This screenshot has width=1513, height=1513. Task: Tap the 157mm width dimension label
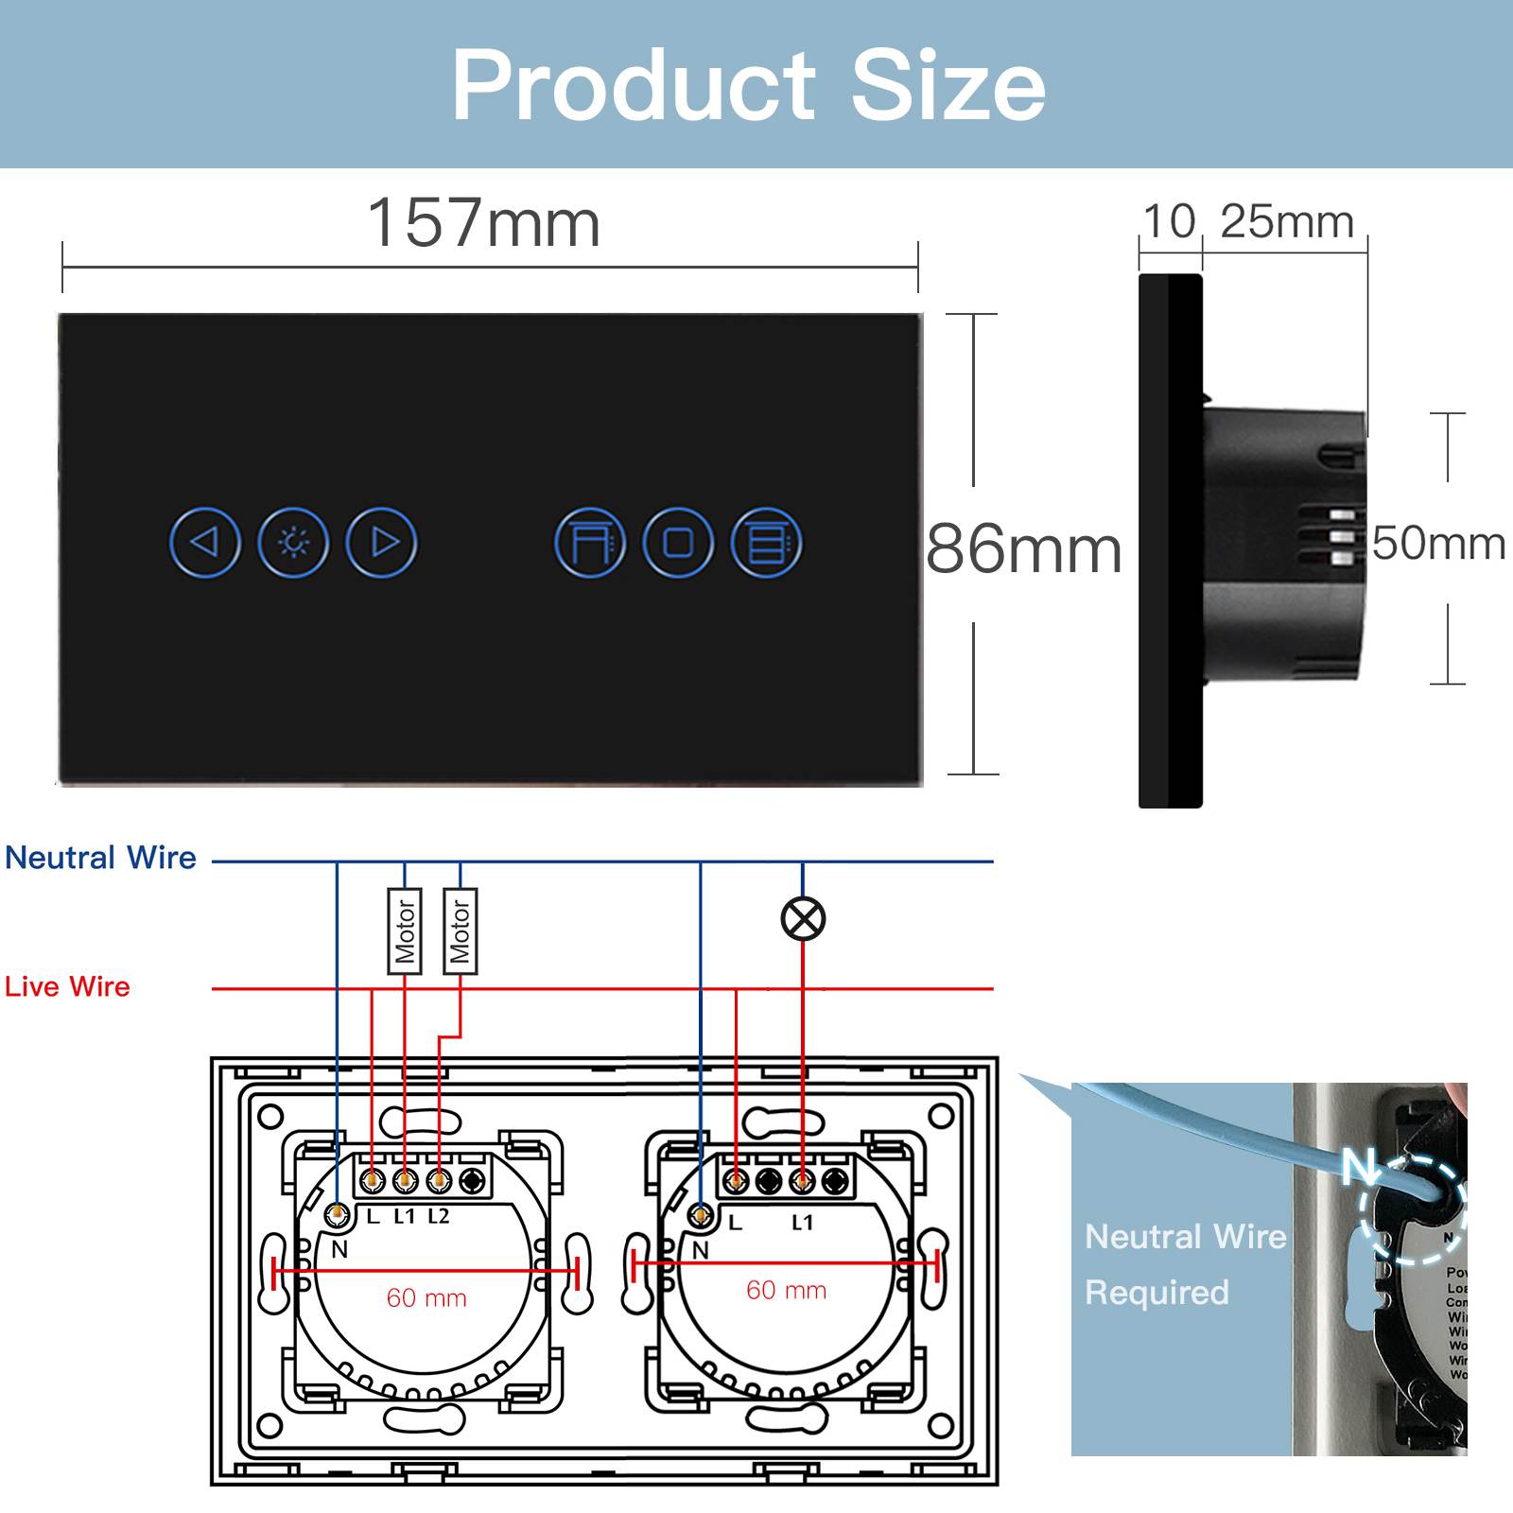coord(483,224)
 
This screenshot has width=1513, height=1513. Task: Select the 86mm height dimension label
coord(1023,549)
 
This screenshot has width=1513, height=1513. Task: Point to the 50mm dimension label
coord(1437,543)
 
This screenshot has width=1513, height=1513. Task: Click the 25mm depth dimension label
coord(1286,222)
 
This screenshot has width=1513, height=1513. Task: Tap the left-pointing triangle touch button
coord(204,542)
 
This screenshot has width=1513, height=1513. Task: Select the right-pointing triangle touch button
coord(382,542)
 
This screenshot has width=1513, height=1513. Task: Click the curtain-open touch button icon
coord(589,543)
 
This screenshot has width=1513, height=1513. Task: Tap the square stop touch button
coord(678,543)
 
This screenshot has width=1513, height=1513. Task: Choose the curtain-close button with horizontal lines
coord(766,543)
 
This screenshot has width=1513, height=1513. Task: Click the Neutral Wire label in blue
coord(100,858)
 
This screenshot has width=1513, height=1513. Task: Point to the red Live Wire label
coord(67,986)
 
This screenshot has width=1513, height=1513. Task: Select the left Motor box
coord(405,931)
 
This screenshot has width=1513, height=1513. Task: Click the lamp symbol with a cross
coord(803,918)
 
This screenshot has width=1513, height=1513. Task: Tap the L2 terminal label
coord(439,1216)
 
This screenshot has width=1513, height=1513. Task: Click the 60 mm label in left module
coord(426,1297)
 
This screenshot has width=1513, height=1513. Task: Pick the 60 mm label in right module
coord(786,1290)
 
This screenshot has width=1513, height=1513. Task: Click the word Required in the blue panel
coord(1156,1292)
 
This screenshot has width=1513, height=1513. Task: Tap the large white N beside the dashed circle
coord(1360,1166)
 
